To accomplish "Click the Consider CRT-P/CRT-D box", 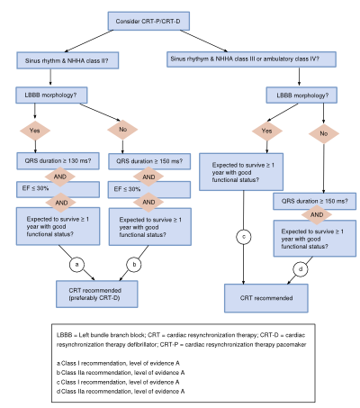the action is tap(148, 21).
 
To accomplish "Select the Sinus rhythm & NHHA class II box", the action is tap(67, 60).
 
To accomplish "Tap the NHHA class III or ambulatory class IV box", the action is tap(251, 59).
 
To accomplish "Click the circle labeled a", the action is tap(76, 265).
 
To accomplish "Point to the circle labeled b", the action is tap(134, 265).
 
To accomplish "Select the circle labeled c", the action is tap(244, 237).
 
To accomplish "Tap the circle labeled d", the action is tap(301, 269).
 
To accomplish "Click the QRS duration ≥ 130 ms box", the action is tap(58, 161).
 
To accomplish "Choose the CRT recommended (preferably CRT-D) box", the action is tap(97, 295).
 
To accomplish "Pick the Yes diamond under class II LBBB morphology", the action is tap(35, 131).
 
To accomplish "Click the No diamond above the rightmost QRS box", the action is tap(324, 133).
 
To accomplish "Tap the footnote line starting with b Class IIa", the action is tap(121, 373).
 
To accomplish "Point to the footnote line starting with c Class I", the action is tap(118, 382).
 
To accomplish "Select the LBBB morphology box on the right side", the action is tap(301, 95).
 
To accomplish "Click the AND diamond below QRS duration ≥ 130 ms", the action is tap(60, 177).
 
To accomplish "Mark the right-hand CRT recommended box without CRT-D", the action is tap(266, 298).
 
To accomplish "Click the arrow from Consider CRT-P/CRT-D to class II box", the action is tap(89, 41).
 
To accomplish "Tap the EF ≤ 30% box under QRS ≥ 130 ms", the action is tap(58, 189).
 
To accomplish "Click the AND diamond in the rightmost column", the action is tap(317, 214).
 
